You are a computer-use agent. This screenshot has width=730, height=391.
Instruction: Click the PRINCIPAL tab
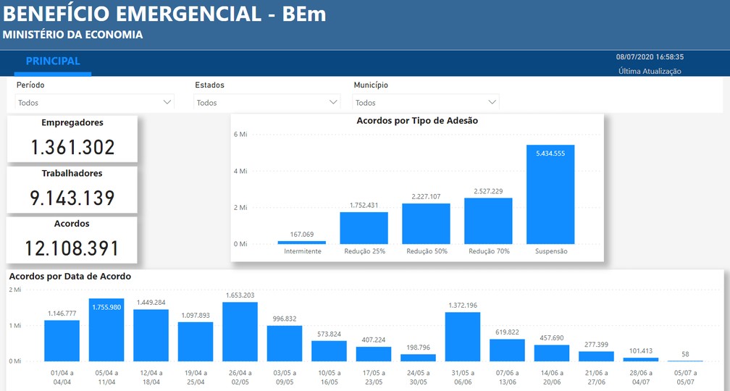[53, 62]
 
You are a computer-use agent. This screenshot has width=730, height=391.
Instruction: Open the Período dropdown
[94, 103]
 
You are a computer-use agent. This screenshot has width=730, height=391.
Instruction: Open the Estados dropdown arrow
[334, 103]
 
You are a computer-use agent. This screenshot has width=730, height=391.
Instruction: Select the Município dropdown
[426, 103]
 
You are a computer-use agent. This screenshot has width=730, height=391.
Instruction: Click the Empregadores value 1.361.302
[72, 148]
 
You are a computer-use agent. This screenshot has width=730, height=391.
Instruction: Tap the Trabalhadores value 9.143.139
[72, 198]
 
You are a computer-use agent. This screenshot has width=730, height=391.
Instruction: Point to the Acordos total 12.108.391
[72, 249]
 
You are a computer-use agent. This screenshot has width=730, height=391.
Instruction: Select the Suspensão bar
[550, 195]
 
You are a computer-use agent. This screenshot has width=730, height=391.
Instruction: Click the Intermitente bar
[301, 243]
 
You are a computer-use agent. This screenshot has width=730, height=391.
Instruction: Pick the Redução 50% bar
[426, 224]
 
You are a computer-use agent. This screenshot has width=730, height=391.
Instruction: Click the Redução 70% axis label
[488, 252]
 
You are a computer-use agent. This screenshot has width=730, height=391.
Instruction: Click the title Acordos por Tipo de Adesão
[417, 121]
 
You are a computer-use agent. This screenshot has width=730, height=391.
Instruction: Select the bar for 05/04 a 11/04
[106, 330]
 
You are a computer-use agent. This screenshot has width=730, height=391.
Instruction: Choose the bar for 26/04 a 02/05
[240, 332]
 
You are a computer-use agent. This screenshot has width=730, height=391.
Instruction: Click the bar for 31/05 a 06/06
[463, 337]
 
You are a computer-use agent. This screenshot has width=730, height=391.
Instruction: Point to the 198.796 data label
[418, 348]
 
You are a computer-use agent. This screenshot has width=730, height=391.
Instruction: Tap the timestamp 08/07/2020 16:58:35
[650, 56]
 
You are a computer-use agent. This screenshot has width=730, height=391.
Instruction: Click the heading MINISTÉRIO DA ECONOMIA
[72, 35]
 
